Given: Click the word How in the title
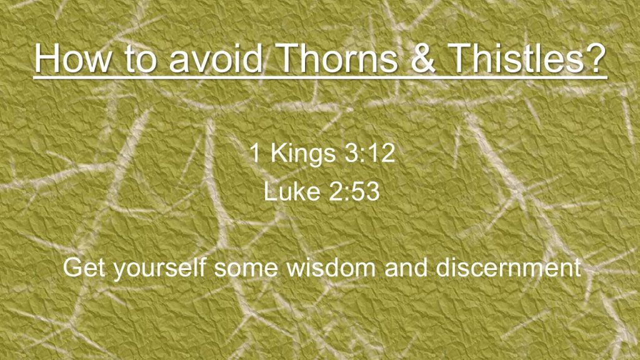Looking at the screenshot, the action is click(72, 57).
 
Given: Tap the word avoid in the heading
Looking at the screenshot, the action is click(215, 57).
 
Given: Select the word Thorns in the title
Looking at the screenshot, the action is click(337, 57).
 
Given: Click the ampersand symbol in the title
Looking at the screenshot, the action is click(424, 57).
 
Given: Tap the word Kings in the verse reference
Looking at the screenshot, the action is click(303, 154).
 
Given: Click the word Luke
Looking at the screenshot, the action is click(292, 191).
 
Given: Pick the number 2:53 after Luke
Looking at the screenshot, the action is click(354, 191).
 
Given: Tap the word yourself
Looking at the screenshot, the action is click(159, 269).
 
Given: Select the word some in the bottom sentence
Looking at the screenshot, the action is click(246, 269).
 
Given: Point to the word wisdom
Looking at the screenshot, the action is click(331, 267).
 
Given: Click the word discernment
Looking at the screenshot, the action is click(508, 267).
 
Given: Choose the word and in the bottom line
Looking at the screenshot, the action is click(406, 267).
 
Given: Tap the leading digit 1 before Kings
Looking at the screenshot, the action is click(255, 152).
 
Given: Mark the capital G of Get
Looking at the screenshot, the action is click(73, 267).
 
